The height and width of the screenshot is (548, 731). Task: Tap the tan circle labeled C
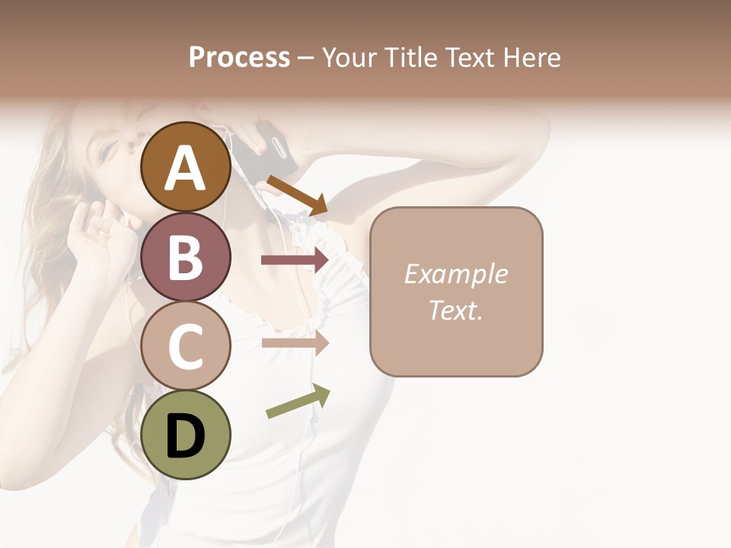[x=186, y=346]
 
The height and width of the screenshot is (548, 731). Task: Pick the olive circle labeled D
[x=186, y=435]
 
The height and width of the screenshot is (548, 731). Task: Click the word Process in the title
[x=239, y=58]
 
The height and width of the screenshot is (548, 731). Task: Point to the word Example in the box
[x=455, y=274]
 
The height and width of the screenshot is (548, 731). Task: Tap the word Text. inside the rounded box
[x=455, y=310]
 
